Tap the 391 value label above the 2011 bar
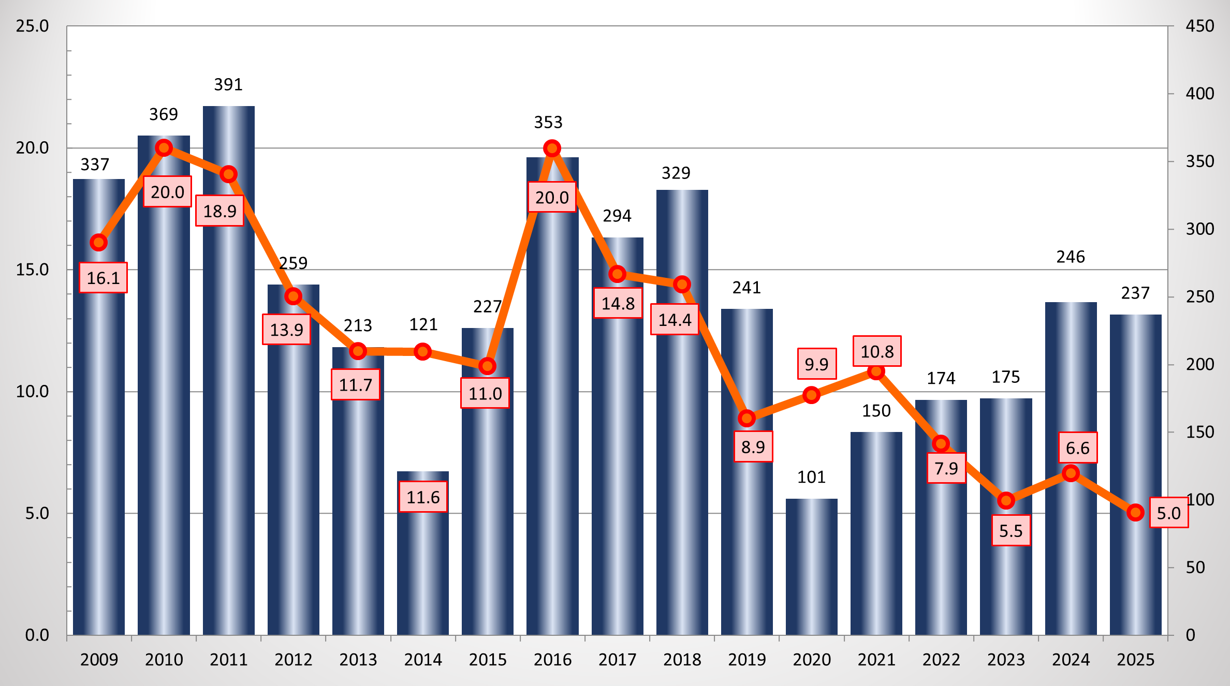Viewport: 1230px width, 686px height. coord(228,84)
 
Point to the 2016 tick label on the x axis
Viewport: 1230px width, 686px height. coord(552,660)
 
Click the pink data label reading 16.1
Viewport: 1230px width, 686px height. coord(103,278)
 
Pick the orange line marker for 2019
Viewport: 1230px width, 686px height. coord(746,418)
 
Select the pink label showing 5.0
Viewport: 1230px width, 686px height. coord(1168,513)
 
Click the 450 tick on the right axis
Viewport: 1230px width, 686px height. coord(1199,26)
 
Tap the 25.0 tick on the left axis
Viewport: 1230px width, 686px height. coord(32,26)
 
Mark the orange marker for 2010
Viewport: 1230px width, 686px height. coord(164,148)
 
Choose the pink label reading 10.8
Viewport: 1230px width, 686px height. coord(877,351)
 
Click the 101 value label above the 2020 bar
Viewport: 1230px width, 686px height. coord(811,477)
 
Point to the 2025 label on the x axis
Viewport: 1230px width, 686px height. coord(1135,660)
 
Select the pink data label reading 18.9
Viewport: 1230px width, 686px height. coord(219,211)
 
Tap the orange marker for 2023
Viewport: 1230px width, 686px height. coord(1006,500)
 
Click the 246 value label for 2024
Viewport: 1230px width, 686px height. coord(1071,257)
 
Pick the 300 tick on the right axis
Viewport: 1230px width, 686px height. coord(1199,229)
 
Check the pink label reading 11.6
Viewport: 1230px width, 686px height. coord(423,497)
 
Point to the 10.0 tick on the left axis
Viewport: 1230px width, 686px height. coord(32,392)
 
